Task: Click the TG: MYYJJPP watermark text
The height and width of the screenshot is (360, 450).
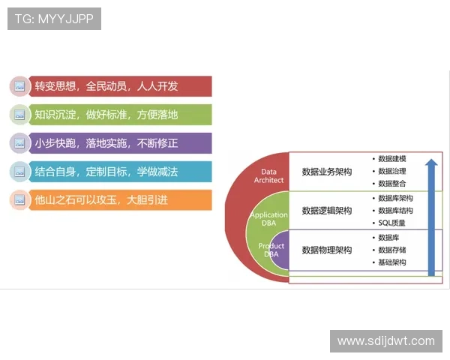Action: (54, 19)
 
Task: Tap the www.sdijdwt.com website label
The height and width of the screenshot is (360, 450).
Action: (386, 341)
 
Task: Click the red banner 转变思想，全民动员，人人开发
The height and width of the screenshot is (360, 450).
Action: (120, 86)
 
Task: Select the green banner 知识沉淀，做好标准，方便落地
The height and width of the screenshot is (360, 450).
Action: (120, 115)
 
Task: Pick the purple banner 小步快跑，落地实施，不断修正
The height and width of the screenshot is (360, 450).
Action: (120, 143)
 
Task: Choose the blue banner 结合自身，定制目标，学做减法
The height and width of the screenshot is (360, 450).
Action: (120, 172)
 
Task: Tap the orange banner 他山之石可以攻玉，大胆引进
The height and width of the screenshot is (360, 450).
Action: (120, 200)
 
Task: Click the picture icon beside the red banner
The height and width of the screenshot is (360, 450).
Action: (19, 86)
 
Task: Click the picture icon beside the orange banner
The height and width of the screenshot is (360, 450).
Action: (19, 200)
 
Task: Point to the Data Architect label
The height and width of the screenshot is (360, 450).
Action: (268, 176)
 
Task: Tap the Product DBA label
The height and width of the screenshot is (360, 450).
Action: (271, 250)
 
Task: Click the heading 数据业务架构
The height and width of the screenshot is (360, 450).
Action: (327, 172)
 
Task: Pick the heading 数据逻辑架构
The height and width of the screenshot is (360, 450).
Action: (327, 211)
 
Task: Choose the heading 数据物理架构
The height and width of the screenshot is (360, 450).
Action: (327, 250)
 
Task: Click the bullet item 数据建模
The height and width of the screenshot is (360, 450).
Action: (392, 159)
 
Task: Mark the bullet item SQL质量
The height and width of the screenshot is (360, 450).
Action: (391, 223)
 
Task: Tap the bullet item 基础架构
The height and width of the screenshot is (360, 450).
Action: (392, 262)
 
